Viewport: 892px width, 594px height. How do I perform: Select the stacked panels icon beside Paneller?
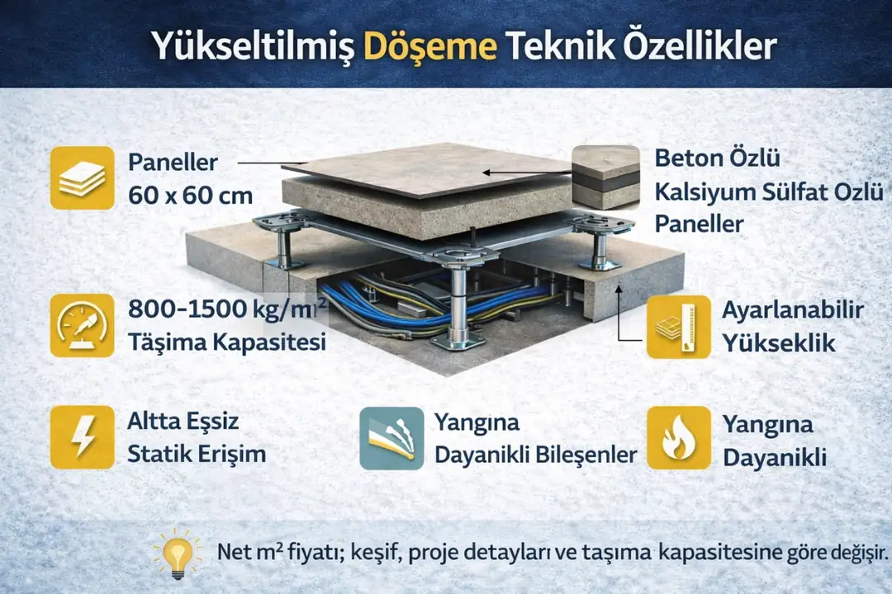point(82,177)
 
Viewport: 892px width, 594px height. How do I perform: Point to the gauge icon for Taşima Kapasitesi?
point(82,325)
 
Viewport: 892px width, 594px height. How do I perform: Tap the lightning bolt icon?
point(82,437)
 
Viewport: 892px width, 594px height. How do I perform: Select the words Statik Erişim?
point(197,454)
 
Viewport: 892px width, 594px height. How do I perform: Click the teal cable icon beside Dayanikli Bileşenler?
point(391,438)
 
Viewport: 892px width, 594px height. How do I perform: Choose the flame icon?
point(678,438)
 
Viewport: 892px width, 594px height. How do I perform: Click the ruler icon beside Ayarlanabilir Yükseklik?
point(678,327)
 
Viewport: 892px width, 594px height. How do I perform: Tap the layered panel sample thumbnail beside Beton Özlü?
point(605,178)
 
